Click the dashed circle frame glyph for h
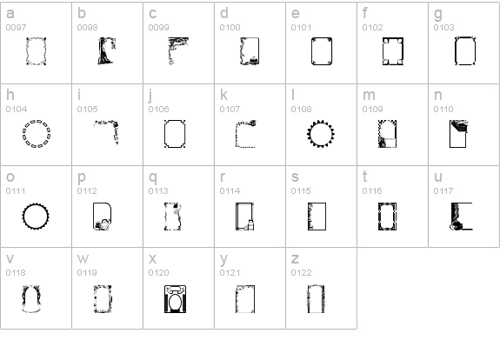tap(23, 134)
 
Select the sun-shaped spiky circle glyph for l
tap(308, 134)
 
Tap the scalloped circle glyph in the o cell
tap(23, 217)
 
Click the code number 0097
tap(16, 28)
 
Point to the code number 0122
tap(301, 273)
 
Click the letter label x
tap(152, 258)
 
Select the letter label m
tap(369, 95)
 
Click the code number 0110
tap(443, 110)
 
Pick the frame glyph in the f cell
tap(383, 51)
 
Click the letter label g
tap(438, 14)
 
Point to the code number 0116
tap(372, 191)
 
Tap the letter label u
tap(438, 177)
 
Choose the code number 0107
tap(230, 110)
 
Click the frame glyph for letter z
tap(309, 300)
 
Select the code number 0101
tap(301, 28)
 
